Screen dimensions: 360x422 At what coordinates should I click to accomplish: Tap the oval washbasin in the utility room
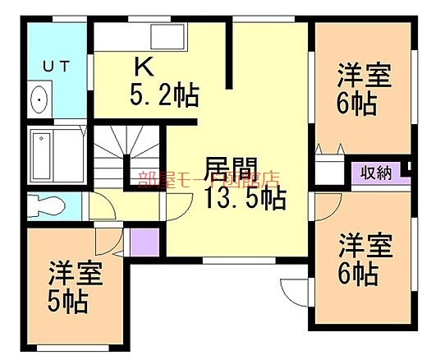(x=39, y=101)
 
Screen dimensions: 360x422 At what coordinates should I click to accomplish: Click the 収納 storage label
(x=374, y=173)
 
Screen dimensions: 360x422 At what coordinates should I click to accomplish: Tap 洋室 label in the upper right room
(x=364, y=76)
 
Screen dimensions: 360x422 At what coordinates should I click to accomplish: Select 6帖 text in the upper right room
(x=358, y=104)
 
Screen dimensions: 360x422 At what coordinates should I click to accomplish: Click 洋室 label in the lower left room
(x=75, y=272)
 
